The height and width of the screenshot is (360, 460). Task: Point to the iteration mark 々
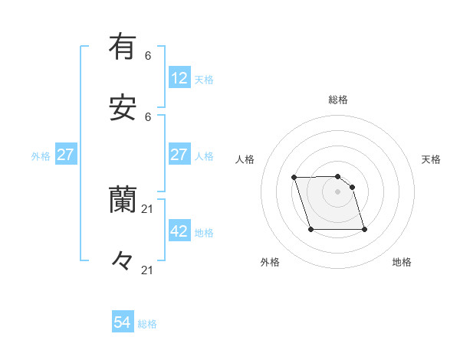point(123,261)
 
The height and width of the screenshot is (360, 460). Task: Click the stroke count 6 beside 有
point(148,56)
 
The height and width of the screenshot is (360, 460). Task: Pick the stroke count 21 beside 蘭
point(148,208)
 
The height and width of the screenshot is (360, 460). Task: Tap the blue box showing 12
point(179,78)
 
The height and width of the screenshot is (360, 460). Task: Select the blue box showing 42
point(179,231)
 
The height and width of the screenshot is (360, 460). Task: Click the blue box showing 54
point(123,322)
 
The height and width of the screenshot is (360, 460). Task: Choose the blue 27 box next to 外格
point(65,155)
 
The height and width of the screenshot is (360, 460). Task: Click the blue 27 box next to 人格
point(179,155)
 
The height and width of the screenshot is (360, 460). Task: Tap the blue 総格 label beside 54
point(147,324)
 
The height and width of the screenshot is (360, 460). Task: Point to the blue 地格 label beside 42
point(204,233)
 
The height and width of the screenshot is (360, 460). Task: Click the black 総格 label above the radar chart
point(338,100)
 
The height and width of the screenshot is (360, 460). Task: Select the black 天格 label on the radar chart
point(431,159)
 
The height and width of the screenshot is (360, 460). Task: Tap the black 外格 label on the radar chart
point(270,262)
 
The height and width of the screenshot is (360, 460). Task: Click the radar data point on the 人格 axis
point(294,178)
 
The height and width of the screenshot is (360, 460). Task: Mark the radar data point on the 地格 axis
point(364,229)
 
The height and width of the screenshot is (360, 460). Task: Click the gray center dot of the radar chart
point(338,191)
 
